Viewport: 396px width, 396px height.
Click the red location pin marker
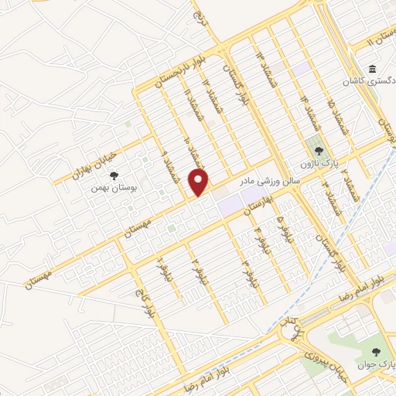tap(200, 183)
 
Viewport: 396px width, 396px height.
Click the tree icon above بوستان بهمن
tap(114, 176)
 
